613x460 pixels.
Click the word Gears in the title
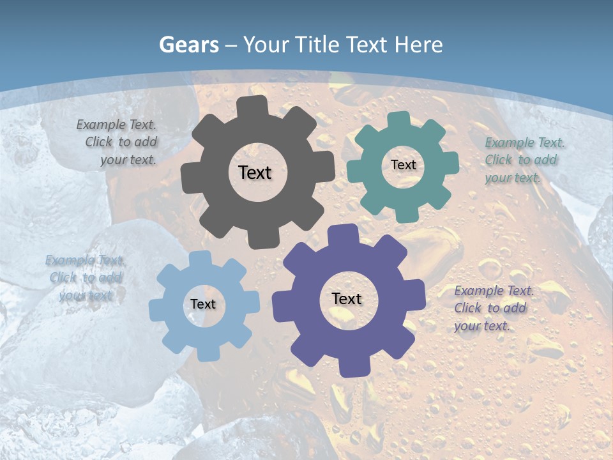point(188,45)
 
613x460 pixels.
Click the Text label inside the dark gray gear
point(255,172)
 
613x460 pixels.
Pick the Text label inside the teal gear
point(403,165)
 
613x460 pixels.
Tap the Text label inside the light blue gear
point(203,304)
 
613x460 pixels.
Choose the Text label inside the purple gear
point(347,298)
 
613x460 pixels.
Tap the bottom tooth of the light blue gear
point(201,353)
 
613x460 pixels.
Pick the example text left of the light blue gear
point(86,278)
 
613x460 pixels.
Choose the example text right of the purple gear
point(491,308)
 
